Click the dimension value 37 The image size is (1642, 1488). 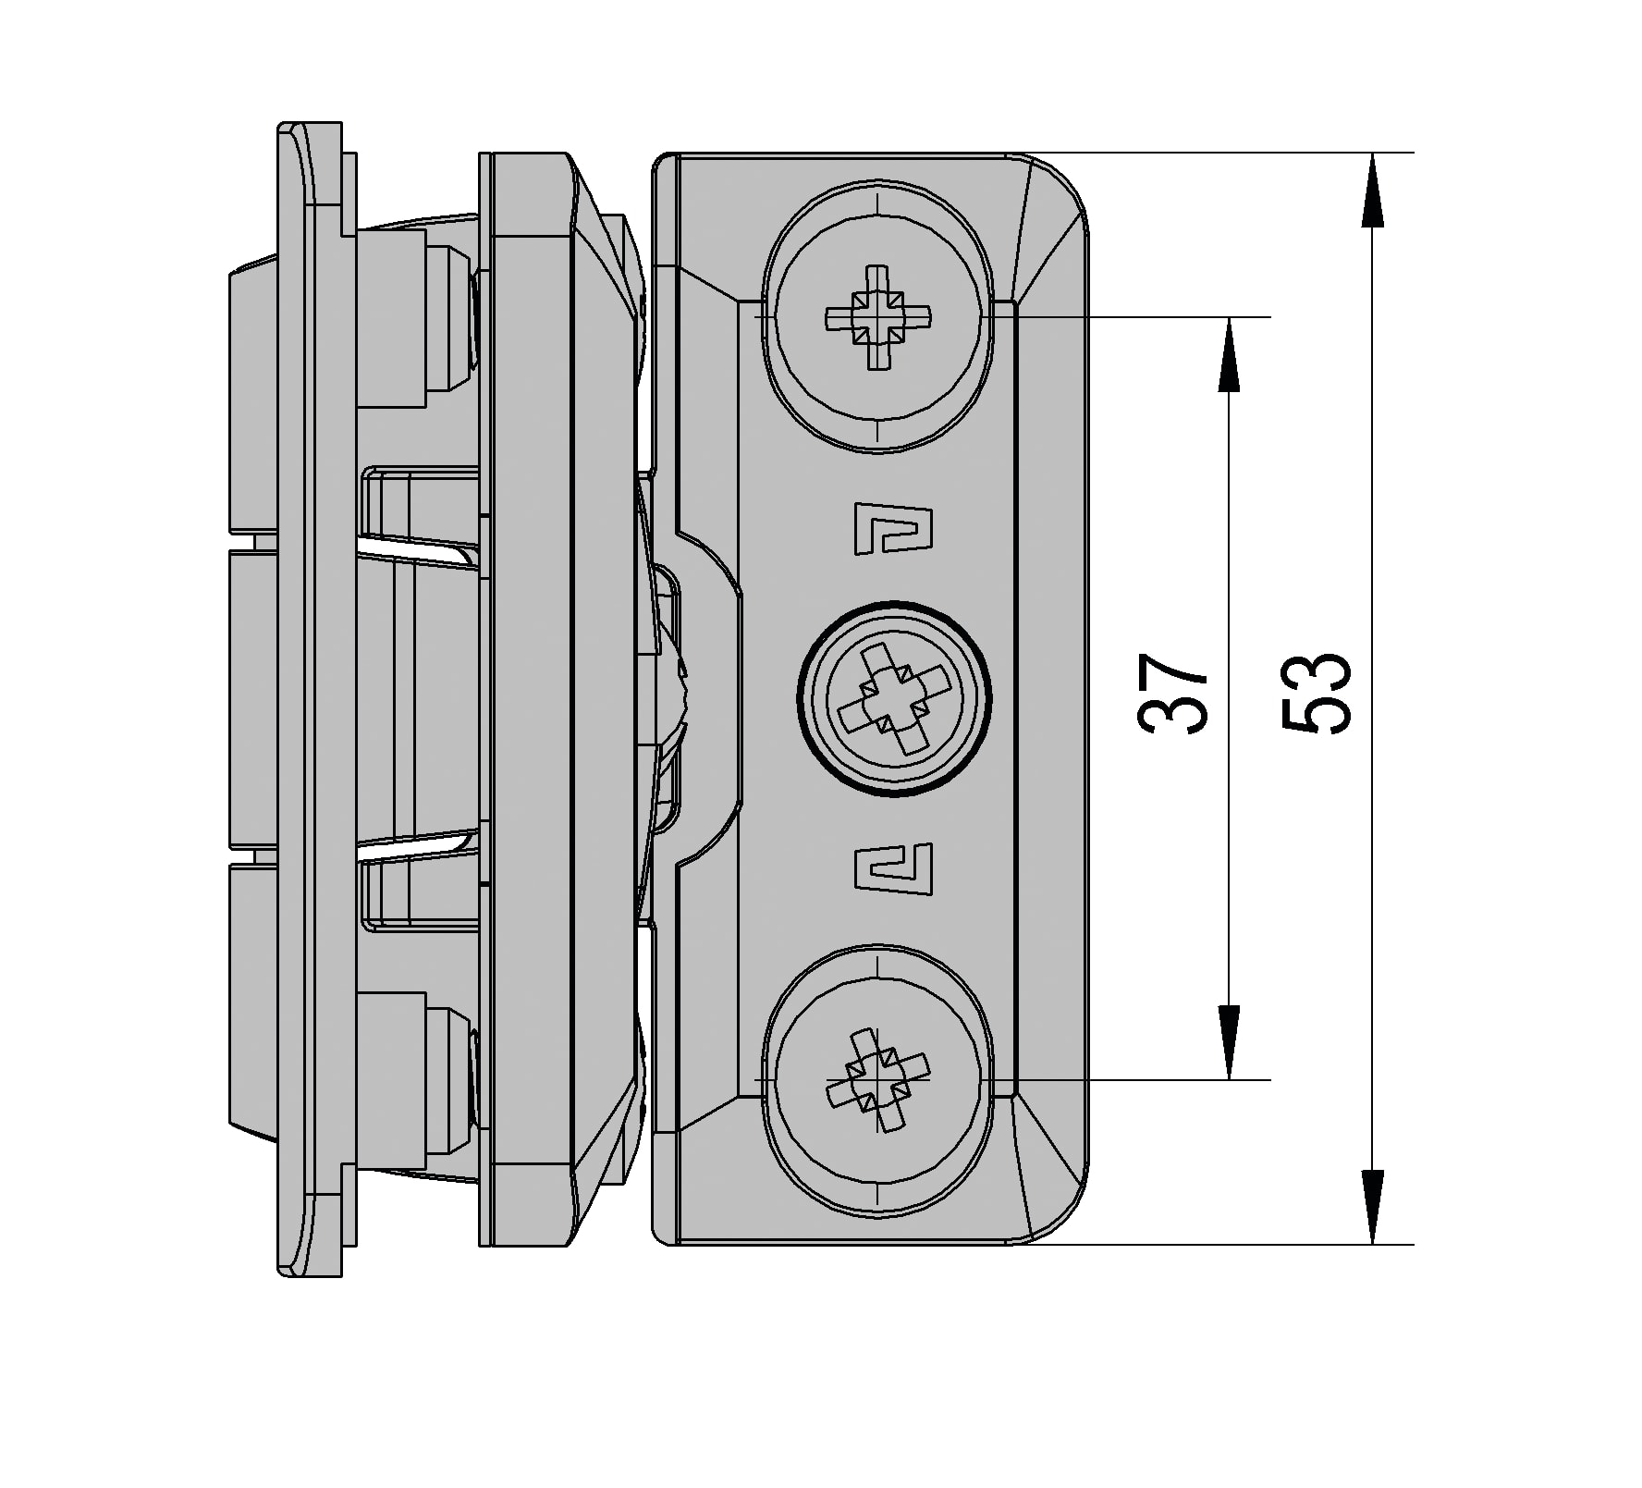pyautogui.click(x=1172, y=695)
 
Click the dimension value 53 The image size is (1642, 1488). pyautogui.click(x=1317, y=695)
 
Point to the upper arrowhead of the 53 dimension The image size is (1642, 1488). pyautogui.click(x=1373, y=191)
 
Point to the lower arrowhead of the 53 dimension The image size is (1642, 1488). pyautogui.click(x=1373, y=1206)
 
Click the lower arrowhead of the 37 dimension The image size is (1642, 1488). pyautogui.click(x=1229, y=1042)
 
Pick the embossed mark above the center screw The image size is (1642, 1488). pyautogui.click(x=891, y=529)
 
